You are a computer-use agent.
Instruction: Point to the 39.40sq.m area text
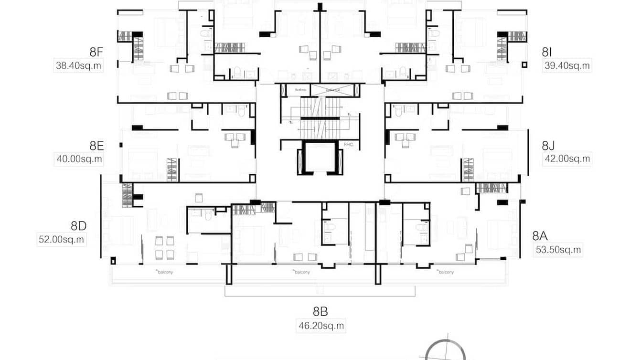point(567,66)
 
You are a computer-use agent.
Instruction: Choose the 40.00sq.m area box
point(79,159)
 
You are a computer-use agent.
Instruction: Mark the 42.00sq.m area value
point(567,159)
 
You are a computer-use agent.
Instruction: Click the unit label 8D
point(78,226)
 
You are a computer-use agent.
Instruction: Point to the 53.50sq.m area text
point(558,249)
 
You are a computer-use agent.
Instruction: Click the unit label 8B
point(320,312)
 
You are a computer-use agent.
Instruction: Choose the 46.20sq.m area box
point(320,326)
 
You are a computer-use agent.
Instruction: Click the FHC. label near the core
point(348,144)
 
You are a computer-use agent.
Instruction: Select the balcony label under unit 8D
point(165,272)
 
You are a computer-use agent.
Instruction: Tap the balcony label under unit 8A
point(445,272)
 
